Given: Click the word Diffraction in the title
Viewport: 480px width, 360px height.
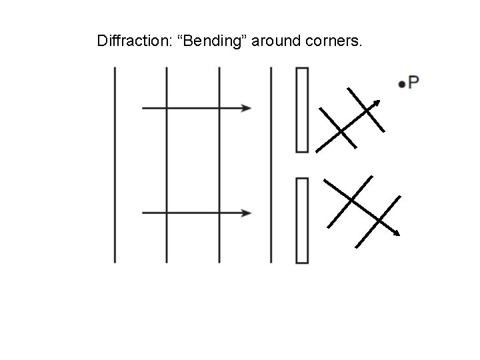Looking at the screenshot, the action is [x=130, y=42].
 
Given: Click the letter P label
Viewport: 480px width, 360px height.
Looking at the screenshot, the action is [x=413, y=83].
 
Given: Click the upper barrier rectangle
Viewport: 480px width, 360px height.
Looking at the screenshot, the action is [x=302, y=110].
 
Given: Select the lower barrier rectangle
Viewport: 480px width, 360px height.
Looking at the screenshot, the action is [x=302, y=219].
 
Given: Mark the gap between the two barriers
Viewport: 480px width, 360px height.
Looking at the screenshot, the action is [x=302, y=165].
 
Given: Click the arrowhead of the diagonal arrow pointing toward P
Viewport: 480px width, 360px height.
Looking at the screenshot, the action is [x=378, y=103].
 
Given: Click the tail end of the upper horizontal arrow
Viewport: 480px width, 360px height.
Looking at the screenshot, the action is [x=143, y=107].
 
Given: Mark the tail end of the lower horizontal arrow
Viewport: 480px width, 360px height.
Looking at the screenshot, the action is [x=143, y=213].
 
